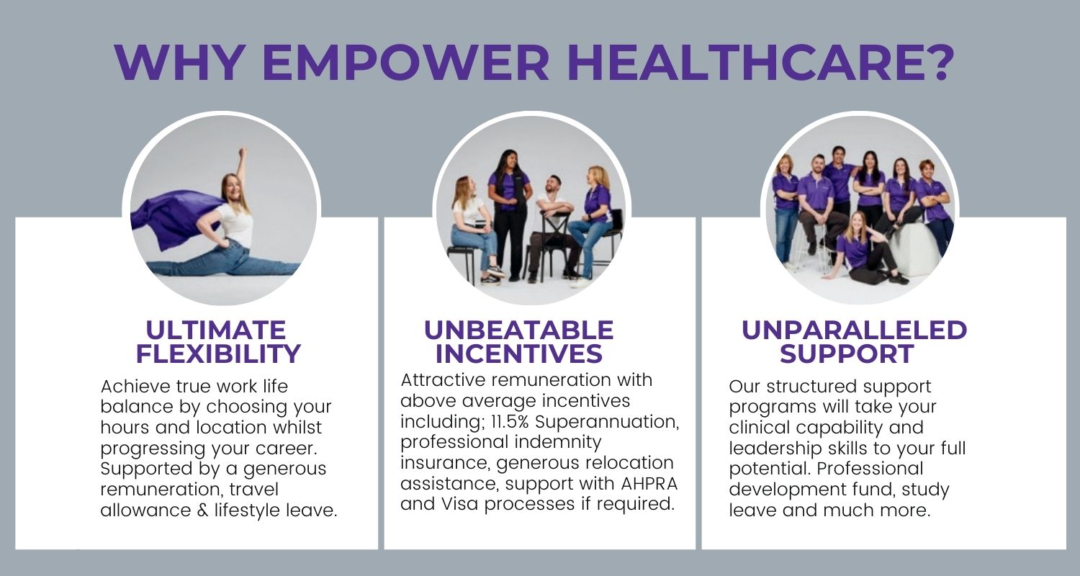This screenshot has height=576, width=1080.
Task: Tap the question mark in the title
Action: tap(937, 63)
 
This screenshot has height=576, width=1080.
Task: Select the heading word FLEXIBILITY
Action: tap(218, 354)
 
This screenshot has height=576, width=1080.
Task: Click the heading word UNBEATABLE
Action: tap(519, 330)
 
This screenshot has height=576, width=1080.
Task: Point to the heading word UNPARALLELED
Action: tap(855, 330)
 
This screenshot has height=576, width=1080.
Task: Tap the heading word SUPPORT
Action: tap(847, 354)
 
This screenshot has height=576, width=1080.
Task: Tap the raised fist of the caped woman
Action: tap(243, 153)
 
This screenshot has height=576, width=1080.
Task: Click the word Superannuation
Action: tap(606, 422)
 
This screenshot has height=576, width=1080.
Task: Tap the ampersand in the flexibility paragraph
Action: tap(203, 510)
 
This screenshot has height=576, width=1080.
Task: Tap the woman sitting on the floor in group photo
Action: tap(863, 251)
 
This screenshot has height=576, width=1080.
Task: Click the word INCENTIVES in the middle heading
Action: tap(519, 354)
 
